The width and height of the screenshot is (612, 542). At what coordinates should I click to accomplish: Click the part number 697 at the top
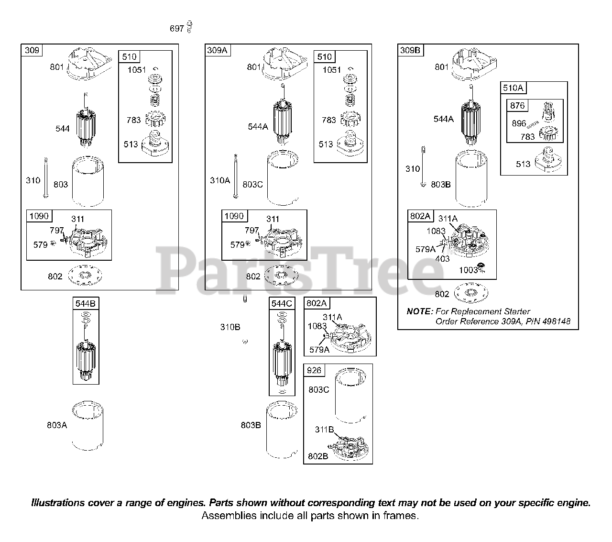click(177, 28)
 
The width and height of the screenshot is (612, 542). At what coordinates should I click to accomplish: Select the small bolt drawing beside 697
click(189, 27)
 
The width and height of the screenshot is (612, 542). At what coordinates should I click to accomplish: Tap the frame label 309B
click(410, 50)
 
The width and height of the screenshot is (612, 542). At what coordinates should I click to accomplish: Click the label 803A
click(57, 425)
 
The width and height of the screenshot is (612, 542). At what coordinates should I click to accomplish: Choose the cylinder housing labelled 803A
click(87, 426)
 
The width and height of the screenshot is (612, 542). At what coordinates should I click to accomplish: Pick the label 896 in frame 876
click(519, 123)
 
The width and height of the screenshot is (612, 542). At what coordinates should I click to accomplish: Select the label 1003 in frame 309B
click(468, 270)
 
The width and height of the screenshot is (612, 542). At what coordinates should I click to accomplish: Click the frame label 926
click(314, 370)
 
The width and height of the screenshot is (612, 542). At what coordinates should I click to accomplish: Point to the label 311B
click(324, 430)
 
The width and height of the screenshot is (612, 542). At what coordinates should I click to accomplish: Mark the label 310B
click(230, 327)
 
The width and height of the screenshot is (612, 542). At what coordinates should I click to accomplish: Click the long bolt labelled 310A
click(236, 176)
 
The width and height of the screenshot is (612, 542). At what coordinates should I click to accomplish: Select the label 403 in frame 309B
click(442, 258)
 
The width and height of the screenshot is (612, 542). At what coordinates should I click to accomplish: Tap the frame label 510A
click(513, 88)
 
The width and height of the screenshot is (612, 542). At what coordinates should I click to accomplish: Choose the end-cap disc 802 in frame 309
click(85, 275)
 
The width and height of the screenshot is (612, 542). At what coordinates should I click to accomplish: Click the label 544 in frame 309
click(62, 129)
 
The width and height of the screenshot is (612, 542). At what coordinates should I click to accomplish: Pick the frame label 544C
click(282, 303)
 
